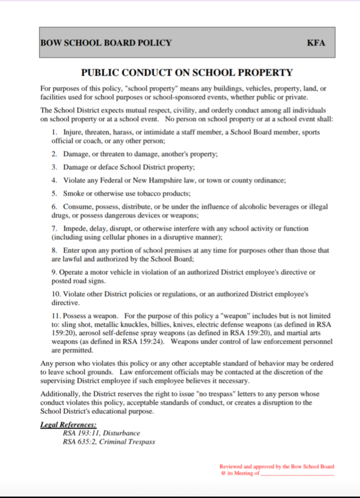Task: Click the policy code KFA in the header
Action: (x=316, y=43)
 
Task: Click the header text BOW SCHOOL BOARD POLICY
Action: (x=106, y=43)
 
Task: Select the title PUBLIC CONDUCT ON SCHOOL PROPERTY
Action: (x=187, y=73)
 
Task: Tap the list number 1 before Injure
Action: (x=54, y=132)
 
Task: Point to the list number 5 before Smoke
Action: (x=54, y=193)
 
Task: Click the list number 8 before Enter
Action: (x=54, y=250)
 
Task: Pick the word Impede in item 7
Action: (x=74, y=229)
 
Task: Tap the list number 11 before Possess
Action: (x=56, y=316)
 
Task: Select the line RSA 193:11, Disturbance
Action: (x=101, y=433)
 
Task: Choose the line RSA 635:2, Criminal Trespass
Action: (x=109, y=442)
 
